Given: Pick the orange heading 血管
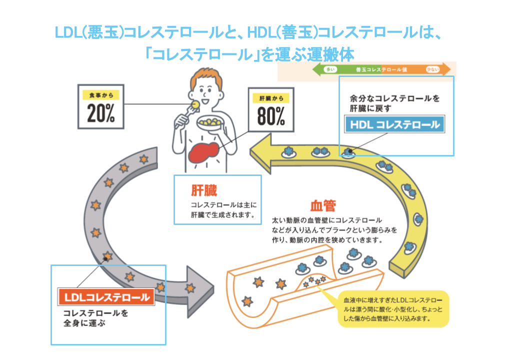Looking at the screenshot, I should [322, 205].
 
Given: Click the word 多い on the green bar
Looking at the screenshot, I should [330, 69].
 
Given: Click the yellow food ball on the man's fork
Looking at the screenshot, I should [195, 103].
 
